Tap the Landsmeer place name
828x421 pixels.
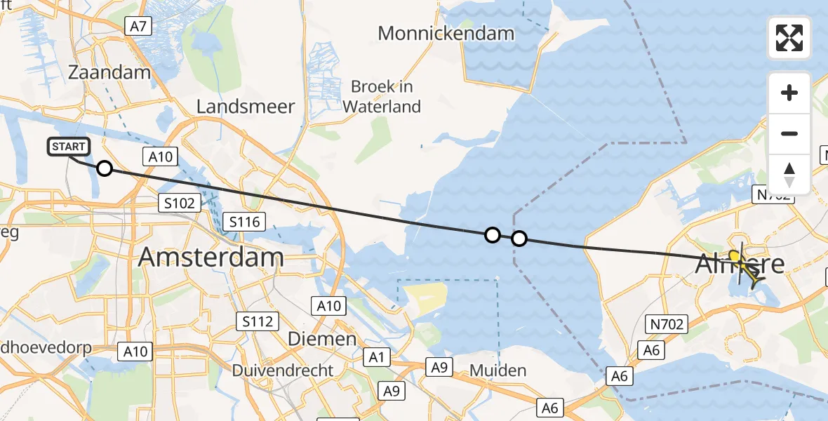pos(246,107)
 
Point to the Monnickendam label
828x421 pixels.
pos(446,33)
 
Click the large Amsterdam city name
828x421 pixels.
pos(211,257)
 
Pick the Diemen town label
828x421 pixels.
pos(323,339)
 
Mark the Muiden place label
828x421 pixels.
pos(498,370)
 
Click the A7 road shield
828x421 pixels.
pos(138,27)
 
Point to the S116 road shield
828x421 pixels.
pos(244,222)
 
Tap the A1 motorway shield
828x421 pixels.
pos(377,358)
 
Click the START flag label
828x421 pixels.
pos(68,147)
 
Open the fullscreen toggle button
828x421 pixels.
pos(789,38)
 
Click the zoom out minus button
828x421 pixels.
pos(789,133)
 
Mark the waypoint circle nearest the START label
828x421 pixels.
pos(104,168)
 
